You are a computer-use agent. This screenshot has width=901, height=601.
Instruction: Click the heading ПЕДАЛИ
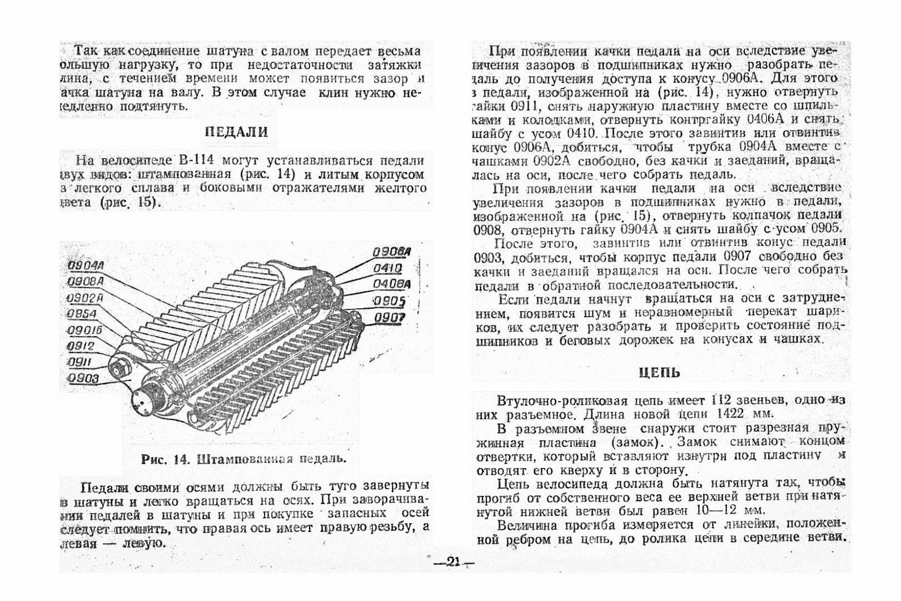(x=236, y=132)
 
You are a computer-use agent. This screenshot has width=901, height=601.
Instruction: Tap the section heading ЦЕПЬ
(x=659, y=372)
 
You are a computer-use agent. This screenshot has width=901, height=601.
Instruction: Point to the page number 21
(x=453, y=563)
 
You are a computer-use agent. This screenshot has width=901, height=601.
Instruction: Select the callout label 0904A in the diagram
(x=86, y=265)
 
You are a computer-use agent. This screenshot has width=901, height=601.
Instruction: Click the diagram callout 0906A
(x=391, y=252)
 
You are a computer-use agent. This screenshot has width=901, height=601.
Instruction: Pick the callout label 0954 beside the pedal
(x=82, y=314)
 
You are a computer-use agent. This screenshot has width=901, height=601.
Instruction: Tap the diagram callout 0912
(x=81, y=346)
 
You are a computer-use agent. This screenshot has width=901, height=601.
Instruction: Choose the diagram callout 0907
(x=389, y=318)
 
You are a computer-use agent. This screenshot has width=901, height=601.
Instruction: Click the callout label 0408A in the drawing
(x=391, y=284)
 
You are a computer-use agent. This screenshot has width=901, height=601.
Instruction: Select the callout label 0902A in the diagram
(x=85, y=298)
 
